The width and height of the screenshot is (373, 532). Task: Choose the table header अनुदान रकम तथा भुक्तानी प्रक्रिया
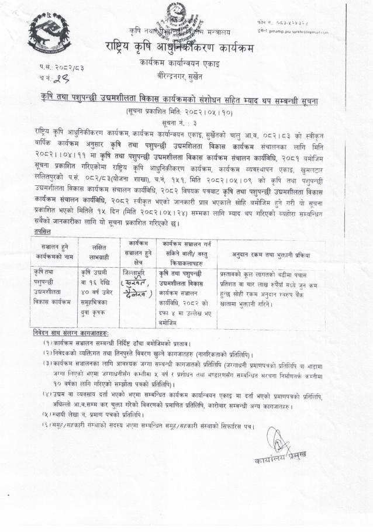pos(271,255)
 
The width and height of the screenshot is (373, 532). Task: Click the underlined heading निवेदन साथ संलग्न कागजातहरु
pos(74,333)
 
